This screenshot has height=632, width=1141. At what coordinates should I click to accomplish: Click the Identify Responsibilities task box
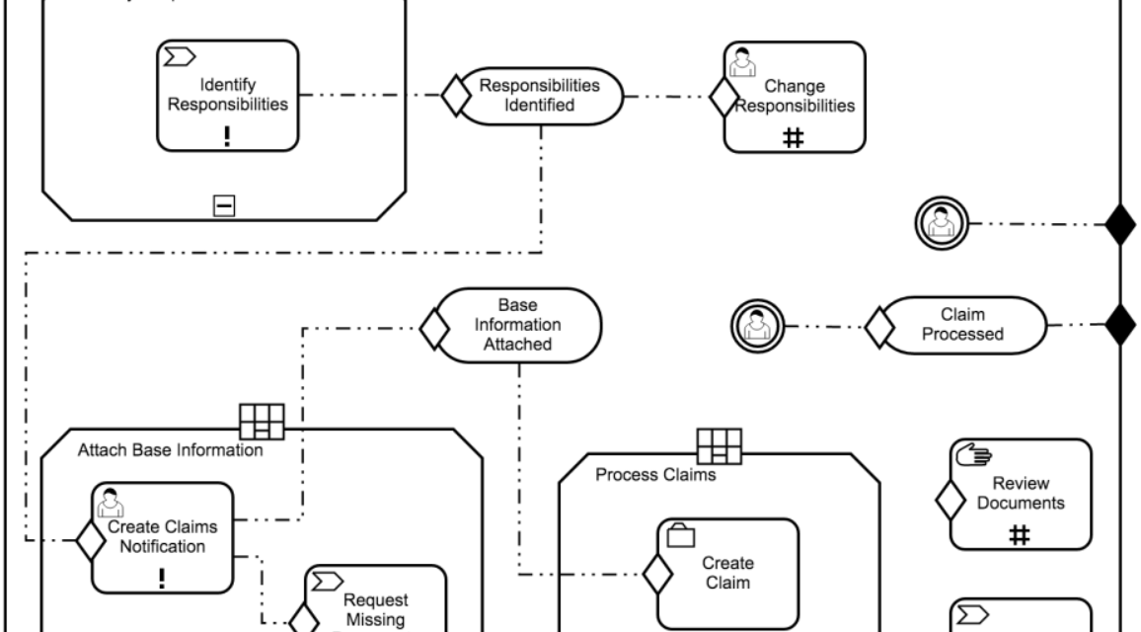pyautogui.click(x=227, y=95)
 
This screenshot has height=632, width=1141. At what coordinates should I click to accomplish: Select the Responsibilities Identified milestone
pyautogui.click(x=539, y=96)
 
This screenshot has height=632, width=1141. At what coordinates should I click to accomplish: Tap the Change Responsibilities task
pyautogui.click(x=794, y=97)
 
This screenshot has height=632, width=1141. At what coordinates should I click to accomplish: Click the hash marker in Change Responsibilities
pyautogui.click(x=794, y=139)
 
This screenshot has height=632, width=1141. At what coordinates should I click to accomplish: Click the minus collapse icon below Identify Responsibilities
pyautogui.click(x=225, y=205)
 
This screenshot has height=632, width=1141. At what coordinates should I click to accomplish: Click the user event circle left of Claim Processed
pyautogui.click(x=758, y=324)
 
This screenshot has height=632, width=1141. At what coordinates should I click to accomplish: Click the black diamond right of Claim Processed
pyautogui.click(x=1120, y=324)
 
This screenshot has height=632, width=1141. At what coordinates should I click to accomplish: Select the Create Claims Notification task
pyautogui.click(x=163, y=536)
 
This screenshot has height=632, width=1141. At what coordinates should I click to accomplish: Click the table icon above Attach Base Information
pyautogui.click(x=263, y=422)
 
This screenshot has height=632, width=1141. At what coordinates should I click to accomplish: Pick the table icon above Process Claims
pyautogui.click(x=720, y=446)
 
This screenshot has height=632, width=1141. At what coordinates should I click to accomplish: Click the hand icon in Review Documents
pyautogui.click(x=969, y=455)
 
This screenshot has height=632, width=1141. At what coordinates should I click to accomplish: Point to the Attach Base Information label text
pyautogui.click(x=170, y=452)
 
